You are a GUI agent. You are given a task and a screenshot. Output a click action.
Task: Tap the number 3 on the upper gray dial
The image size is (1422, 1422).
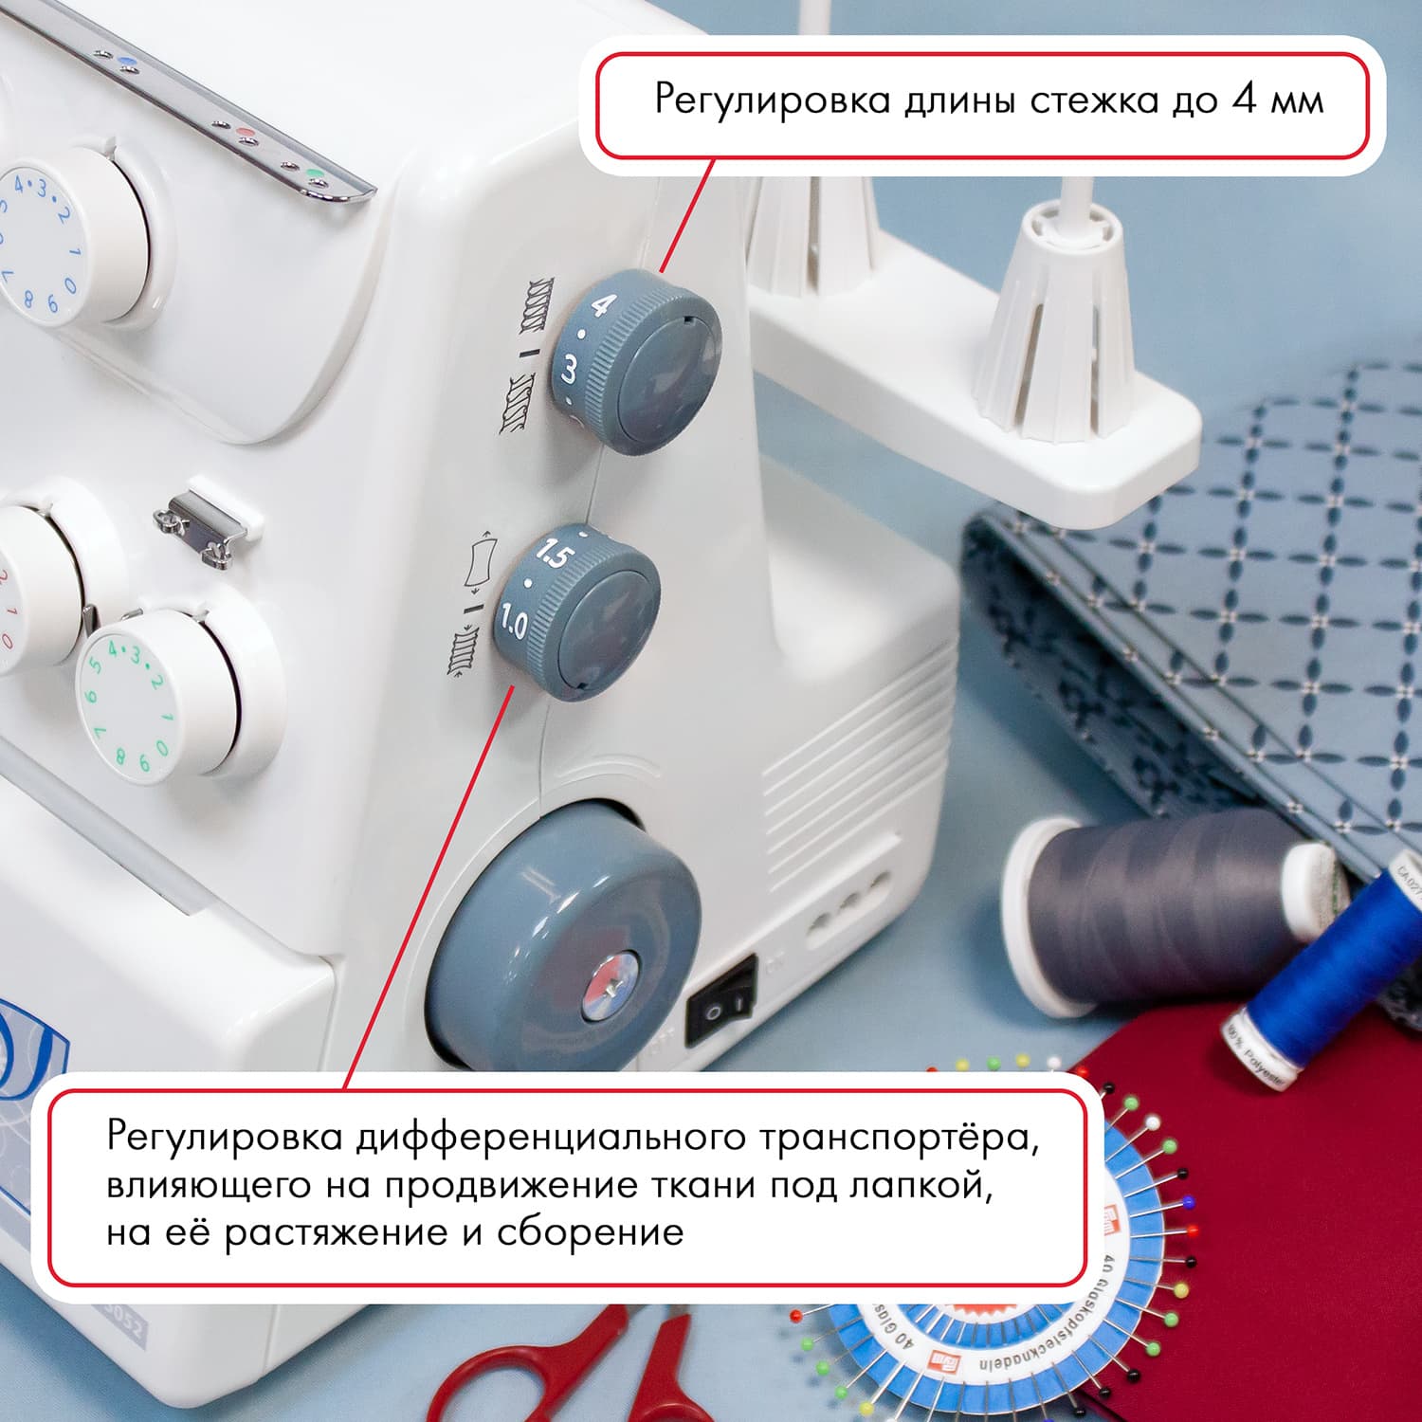pos(569,370)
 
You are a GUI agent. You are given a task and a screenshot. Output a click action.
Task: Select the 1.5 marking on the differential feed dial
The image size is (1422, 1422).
pos(552,555)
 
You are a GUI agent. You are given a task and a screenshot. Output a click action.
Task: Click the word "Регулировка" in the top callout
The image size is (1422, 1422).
pos(772,101)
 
